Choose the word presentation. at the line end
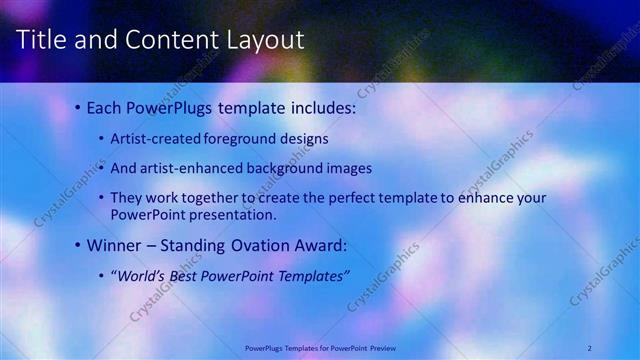pyautogui.click(x=234, y=214)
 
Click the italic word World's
pyautogui.click(x=141, y=276)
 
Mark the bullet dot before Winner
pyautogui.click(x=78, y=245)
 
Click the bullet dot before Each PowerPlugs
pyautogui.click(x=78, y=106)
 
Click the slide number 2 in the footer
pyautogui.click(x=590, y=347)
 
